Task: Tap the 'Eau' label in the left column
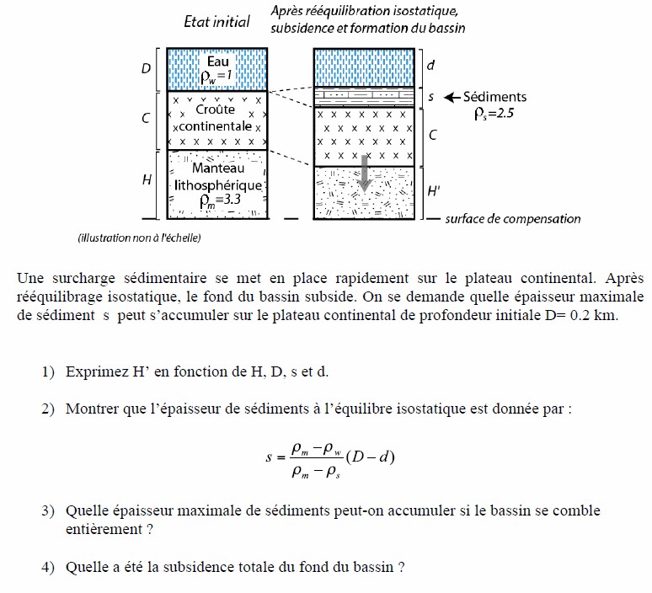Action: (x=216, y=61)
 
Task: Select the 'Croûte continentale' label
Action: (x=217, y=118)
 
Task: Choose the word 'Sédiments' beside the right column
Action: (x=497, y=97)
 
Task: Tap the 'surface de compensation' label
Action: (x=513, y=219)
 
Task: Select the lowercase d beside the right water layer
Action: (x=430, y=65)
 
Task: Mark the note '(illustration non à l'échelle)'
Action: (x=139, y=238)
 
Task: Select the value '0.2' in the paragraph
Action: (x=581, y=315)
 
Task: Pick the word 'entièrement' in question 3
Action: (x=102, y=529)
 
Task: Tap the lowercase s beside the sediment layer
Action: (x=430, y=97)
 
